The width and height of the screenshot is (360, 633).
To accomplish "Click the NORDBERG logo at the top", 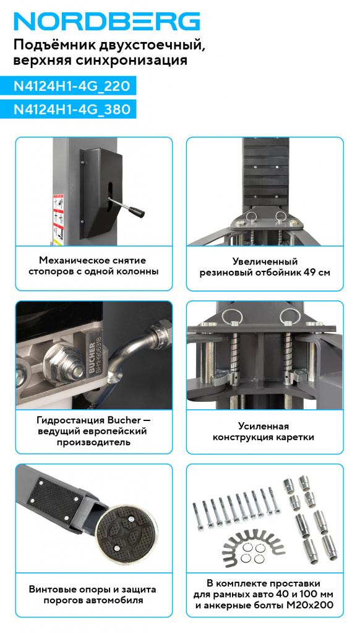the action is coord(107,22).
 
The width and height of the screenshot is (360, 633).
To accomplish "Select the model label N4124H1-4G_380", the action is coord(72,109).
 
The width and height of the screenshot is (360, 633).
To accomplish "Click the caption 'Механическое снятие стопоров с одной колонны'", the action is coord(93,266).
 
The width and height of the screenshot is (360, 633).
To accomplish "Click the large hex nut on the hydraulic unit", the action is coord(61,362).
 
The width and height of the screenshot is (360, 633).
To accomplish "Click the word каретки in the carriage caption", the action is coord(298,437).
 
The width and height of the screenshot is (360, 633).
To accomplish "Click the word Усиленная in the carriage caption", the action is coord(264,427).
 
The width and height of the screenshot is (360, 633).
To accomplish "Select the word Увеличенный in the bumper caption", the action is coord(265,261).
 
